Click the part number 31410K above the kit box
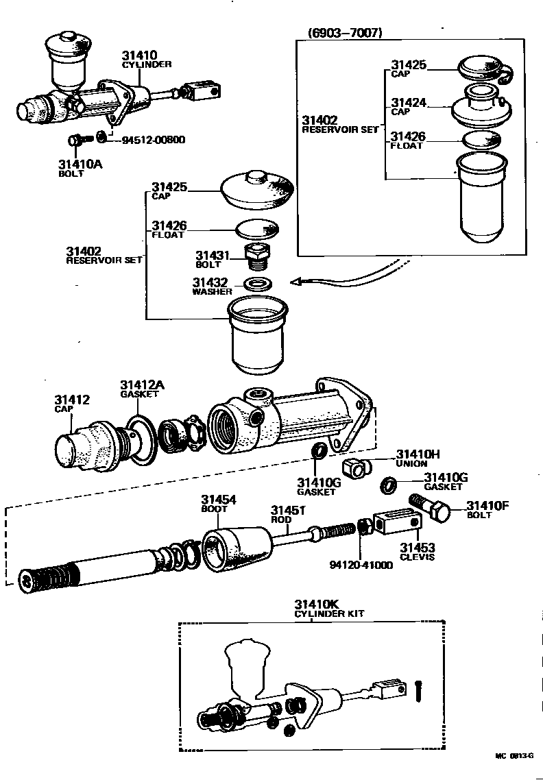[317, 604]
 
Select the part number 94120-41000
[361, 565]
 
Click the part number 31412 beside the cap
[72, 400]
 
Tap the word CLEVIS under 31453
[418, 557]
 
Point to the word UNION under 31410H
[412, 463]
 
